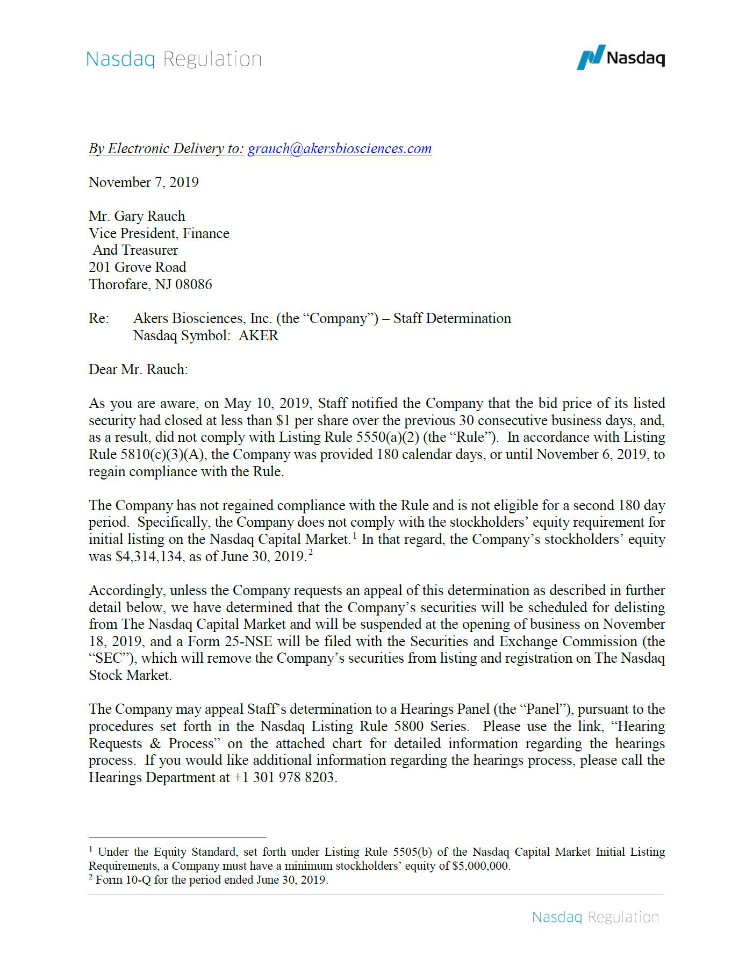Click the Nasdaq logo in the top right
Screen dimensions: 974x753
620,57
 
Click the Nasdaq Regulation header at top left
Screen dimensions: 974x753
174,59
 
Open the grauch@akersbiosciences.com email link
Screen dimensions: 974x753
339,149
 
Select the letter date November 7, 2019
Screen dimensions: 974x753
144,182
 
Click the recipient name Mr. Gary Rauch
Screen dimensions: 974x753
137,216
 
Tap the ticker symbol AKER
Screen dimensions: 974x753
259,336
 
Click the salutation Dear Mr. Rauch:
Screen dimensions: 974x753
138,369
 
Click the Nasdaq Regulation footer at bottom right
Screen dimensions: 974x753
595,917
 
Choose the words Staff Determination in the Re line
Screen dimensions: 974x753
452,319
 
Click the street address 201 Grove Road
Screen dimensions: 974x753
138,267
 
